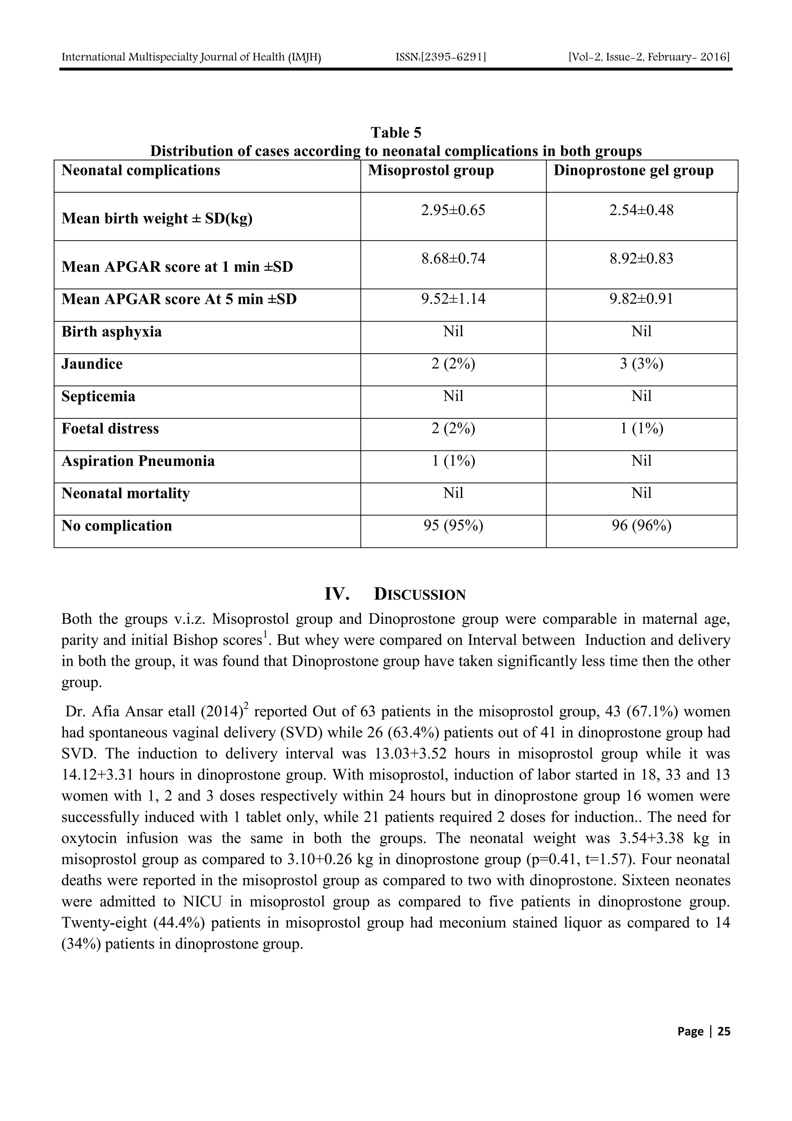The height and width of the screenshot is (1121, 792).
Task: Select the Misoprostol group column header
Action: (x=430, y=170)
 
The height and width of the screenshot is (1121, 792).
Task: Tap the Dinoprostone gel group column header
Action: (x=633, y=170)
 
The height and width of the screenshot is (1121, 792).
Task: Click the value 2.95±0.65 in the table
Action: (x=453, y=211)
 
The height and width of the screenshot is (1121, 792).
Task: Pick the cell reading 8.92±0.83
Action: (x=641, y=258)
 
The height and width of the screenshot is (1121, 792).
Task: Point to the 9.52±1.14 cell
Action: (x=453, y=299)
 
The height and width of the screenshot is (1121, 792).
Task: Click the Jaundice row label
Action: (x=92, y=364)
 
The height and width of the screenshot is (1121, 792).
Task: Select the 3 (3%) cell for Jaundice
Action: (x=641, y=364)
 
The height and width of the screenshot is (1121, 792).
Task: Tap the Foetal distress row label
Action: (x=110, y=429)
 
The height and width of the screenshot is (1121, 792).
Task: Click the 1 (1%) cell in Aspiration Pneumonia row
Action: (x=453, y=461)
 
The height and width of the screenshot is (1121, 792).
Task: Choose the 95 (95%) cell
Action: (x=453, y=526)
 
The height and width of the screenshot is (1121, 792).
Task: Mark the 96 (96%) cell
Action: (x=641, y=526)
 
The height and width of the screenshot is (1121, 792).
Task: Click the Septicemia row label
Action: (x=98, y=396)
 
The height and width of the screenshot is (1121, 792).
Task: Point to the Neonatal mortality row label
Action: (x=125, y=493)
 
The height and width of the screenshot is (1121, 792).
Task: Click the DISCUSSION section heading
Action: (x=419, y=594)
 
